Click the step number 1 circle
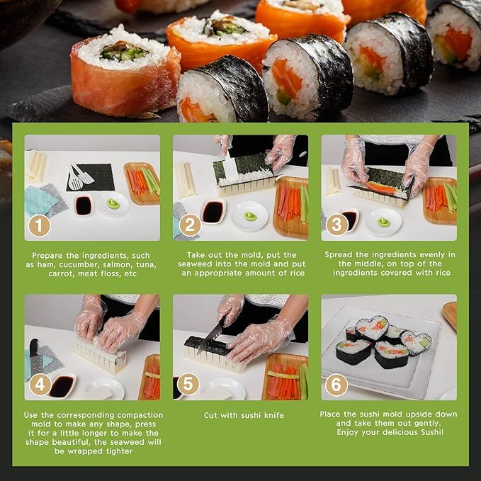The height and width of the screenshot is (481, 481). coord(39,226)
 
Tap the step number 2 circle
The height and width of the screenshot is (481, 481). coord(190,225)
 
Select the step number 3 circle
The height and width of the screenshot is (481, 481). coord(336,225)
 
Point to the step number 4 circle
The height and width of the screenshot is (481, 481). coord(40,385)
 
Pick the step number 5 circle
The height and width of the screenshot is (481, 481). coord(188,384)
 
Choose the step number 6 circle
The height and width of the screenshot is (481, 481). coord(336,385)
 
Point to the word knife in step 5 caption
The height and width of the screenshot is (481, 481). coord(274,415)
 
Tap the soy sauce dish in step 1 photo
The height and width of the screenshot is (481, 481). coord(84,205)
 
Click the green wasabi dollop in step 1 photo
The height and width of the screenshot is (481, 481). coord(113,203)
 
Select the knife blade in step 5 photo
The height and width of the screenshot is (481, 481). coord(210,336)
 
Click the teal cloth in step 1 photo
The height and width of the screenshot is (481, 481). coord(40,200)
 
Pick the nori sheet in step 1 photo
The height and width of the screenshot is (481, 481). coord(91,178)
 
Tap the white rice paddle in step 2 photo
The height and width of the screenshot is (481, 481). coord(230,168)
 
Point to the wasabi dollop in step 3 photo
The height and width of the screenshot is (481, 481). coord(384,222)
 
